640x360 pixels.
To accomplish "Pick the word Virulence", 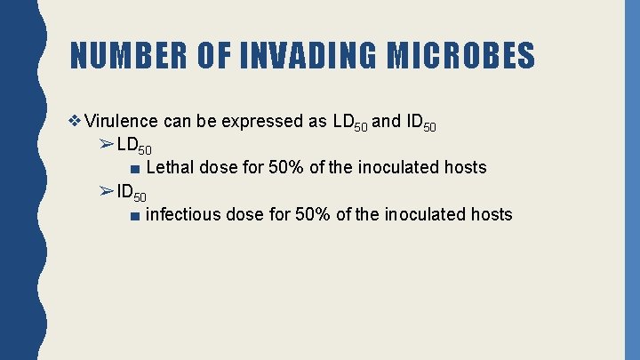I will pyautogui.click(x=122, y=122).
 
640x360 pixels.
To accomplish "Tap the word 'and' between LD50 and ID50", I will pyautogui.click(x=386, y=122).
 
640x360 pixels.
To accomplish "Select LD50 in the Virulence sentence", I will pyautogui.click(x=348, y=124).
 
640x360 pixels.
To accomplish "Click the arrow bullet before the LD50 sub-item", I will pyautogui.click(x=106, y=145).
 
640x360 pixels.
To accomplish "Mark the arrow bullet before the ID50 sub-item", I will pyautogui.click(x=106, y=191).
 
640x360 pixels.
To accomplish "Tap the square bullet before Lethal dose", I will pyautogui.click(x=133, y=168).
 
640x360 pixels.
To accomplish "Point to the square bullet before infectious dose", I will pyautogui.click(x=133, y=215).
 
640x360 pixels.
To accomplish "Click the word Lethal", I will pyautogui.click(x=169, y=167).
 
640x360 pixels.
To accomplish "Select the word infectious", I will pyautogui.click(x=183, y=214).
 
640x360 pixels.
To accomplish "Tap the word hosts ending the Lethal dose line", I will pyautogui.click(x=465, y=167).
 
